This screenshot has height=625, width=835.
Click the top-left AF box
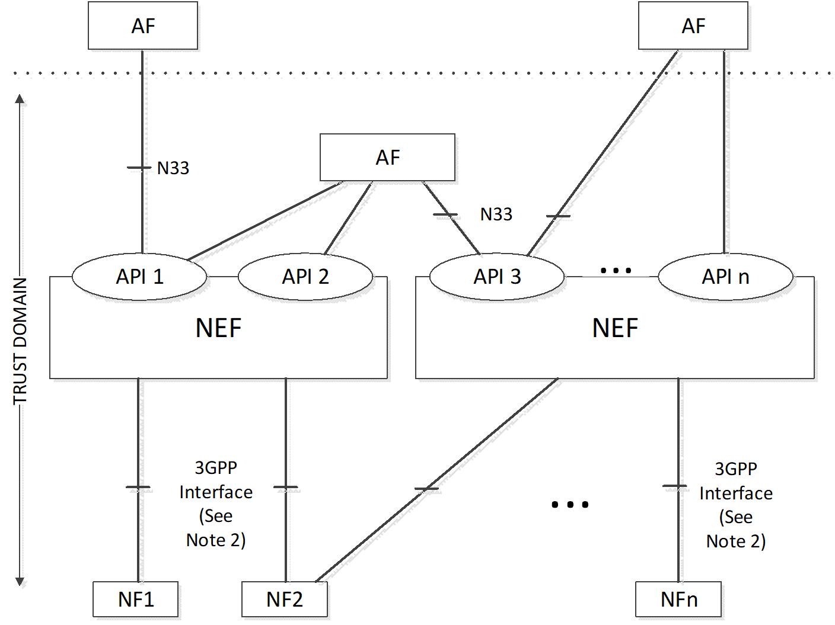coord(143,25)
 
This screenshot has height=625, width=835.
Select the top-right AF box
coord(693,25)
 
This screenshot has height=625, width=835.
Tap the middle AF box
coord(387,157)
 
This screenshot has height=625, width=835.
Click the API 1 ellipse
coord(139,277)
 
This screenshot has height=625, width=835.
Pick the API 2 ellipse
coord(305,277)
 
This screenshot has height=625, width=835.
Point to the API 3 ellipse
coord(497,277)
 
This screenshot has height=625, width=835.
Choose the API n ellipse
coord(725,277)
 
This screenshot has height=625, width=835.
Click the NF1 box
coord(135,599)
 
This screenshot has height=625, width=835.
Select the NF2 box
coord(285,599)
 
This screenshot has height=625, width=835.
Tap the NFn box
coord(678,599)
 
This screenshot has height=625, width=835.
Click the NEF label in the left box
coord(218,328)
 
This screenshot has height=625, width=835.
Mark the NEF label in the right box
coord(615,328)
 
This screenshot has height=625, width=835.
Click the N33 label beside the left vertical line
coord(173,168)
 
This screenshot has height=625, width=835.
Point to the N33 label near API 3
coord(496,214)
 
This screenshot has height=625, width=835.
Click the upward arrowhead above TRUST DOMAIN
coord(20,99)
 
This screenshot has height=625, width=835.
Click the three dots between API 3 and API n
coord(616,271)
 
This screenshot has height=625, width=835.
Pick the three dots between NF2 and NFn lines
coord(570,505)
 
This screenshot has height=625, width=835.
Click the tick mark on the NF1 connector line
coord(138,487)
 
